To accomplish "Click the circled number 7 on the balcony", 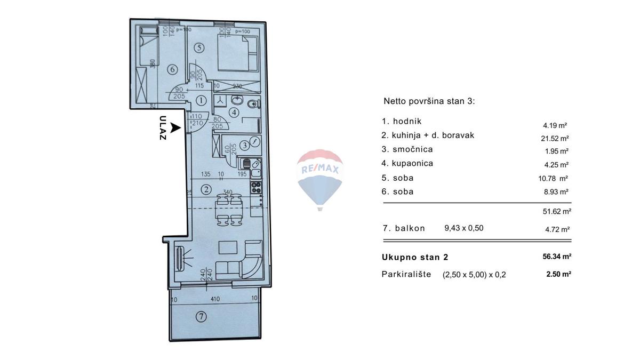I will pos(201,317).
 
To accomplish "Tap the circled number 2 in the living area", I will pos(205,189).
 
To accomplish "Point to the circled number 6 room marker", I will pos(172,69).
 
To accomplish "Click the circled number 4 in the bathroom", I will pos(234,112).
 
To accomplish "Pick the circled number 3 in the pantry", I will pos(244,144).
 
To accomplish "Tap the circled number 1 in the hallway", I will pos(201,100).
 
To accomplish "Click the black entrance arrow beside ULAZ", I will pos(175,128).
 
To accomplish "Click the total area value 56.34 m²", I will pos(557,257).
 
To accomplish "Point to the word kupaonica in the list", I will pos(408,164).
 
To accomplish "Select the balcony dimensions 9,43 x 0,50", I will pos(463,228).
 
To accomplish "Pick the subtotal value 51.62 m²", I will pos(557,211).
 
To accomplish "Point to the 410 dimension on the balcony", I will pos(215,299).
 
